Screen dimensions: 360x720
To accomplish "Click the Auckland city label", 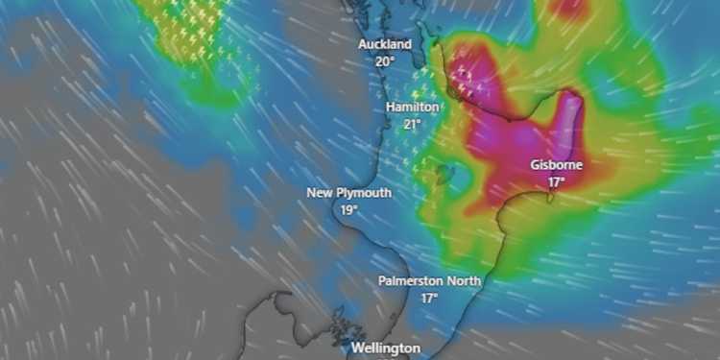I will pyautogui.click(x=385, y=44).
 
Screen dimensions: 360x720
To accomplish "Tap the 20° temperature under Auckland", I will pyautogui.click(x=385, y=60).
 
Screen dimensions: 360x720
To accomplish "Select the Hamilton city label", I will pyautogui.click(x=412, y=108).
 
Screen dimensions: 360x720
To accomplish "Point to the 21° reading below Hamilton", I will pyautogui.click(x=413, y=124).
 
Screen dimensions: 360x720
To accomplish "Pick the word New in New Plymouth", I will pyautogui.click(x=319, y=193).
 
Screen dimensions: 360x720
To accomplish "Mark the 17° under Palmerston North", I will pyautogui.click(x=428, y=298).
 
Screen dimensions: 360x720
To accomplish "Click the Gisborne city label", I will pyautogui.click(x=556, y=164).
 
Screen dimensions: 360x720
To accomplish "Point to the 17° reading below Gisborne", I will pyautogui.click(x=556, y=180).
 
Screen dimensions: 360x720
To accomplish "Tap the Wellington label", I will pyautogui.click(x=385, y=348).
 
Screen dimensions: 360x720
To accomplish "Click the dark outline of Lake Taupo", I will pyautogui.click(x=444, y=175).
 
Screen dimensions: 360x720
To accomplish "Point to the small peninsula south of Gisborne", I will pyautogui.click(x=552, y=199).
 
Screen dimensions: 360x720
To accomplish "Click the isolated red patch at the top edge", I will pyautogui.click(x=568, y=8).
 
